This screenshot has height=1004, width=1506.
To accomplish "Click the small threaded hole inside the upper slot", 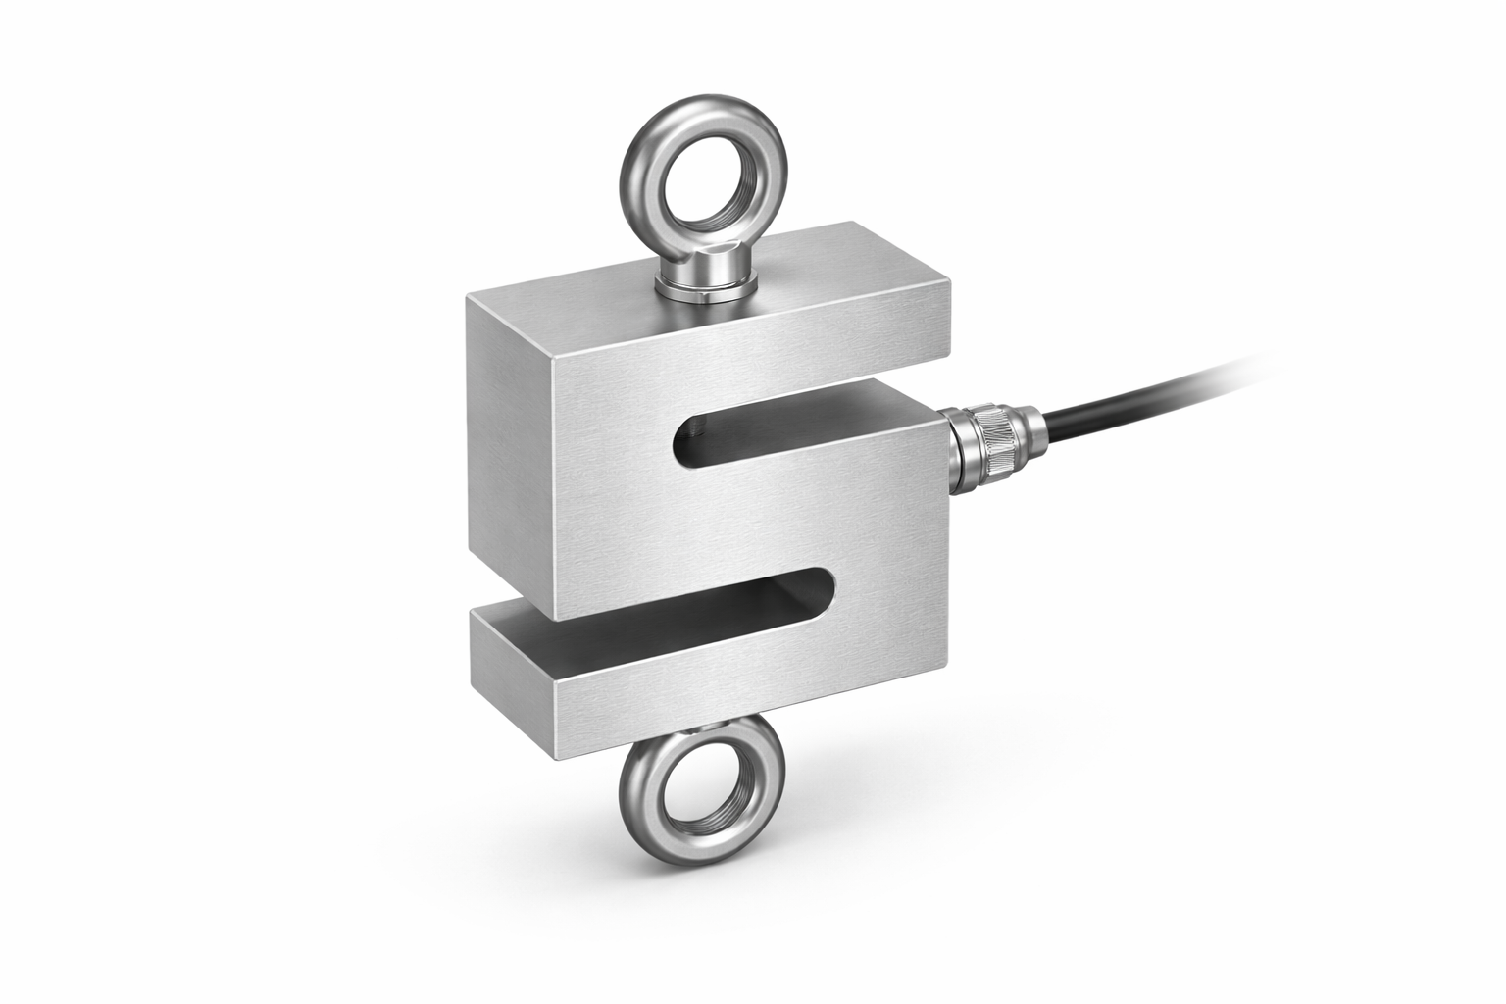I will pos(696,427).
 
